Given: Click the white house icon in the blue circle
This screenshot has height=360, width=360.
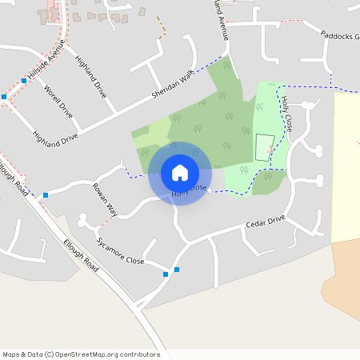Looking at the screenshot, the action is pyautogui.click(x=180, y=172).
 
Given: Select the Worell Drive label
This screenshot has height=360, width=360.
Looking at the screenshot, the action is pyautogui.click(x=58, y=102).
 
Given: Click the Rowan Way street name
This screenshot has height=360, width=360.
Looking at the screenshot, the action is pyautogui.click(x=105, y=200).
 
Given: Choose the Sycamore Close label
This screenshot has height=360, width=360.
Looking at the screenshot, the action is pyautogui.click(x=120, y=251).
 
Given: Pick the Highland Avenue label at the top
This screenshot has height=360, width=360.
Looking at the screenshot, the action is pyautogui.click(x=221, y=20).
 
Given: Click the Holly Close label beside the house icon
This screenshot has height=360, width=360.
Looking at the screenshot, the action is pyautogui.click(x=190, y=191).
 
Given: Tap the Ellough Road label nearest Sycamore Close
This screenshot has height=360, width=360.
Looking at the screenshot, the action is pyautogui.click(x=82, y=255).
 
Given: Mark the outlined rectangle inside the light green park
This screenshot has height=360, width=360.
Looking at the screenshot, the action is pyautogui.click(x=263, y=146).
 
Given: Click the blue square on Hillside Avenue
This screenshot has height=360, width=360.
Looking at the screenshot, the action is pyautogui.click(x=24, y=81).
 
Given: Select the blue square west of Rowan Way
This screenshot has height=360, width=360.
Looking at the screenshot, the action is pyautogui.click(x=46, y=194).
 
